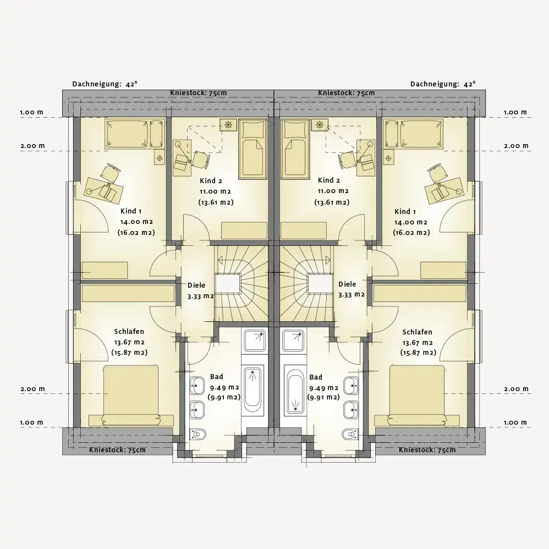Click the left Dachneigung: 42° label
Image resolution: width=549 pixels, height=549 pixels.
(x=105, y=84)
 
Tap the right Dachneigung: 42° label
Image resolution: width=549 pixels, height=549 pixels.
(x=443, y=84)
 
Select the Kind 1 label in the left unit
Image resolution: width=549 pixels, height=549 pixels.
(x=131, y=211)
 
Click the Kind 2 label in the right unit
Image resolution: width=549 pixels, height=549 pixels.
(x=329, y=180)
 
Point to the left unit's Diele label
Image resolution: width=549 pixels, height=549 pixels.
(x=196, y=285)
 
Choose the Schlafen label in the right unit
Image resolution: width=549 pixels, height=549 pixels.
(x=417, y=332)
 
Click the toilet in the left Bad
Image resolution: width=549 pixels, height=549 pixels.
(x=197, y=435)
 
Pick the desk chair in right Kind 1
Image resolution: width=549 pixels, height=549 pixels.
(x=437, y=173)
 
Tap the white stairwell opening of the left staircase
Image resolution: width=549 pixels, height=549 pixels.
(x=228, y=283)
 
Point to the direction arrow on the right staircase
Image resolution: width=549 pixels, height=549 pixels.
(x=328, y=260)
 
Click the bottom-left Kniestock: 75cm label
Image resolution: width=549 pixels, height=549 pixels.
(x=117, y=450)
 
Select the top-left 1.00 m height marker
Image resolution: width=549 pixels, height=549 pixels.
(x=31, y=112)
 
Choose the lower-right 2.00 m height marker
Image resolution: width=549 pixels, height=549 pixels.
(x=516, y=389)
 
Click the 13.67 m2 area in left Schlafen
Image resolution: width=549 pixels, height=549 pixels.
(x=129, y=342)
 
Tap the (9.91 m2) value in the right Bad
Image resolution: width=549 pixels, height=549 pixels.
(x=323, y=397)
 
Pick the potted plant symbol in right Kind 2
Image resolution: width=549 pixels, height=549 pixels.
(x=319, y=125)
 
